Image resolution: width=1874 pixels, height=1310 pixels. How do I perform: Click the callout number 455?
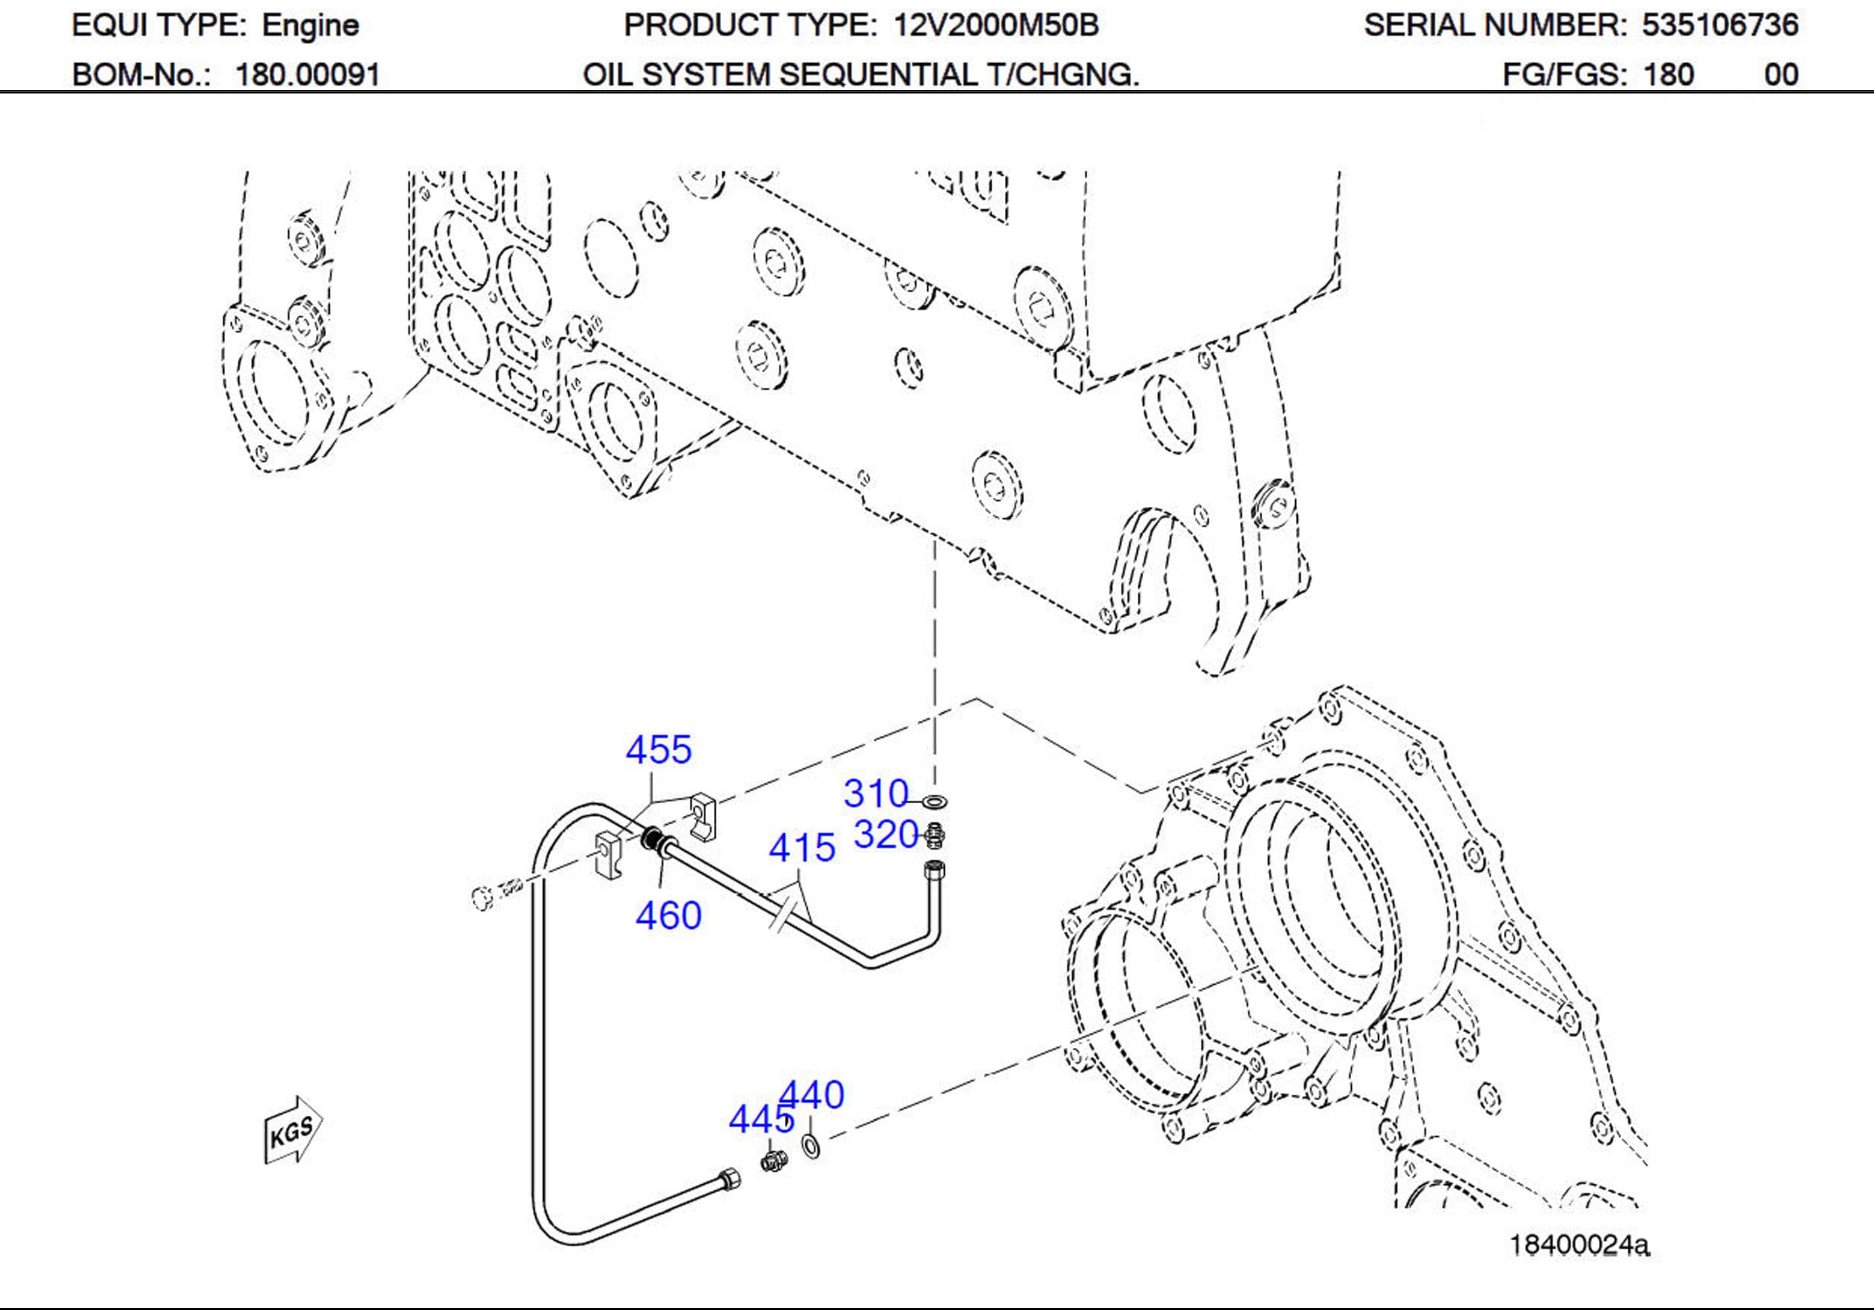click(x=658, y=749)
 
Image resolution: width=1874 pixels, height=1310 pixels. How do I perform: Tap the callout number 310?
click(x=876, y=793)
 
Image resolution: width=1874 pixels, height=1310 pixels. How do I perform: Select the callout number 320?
click(x=886, y=835)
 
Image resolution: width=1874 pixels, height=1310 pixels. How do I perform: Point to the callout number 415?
click(x=801, y=848)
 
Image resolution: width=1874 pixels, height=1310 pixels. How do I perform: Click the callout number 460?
click(x=668, y=916)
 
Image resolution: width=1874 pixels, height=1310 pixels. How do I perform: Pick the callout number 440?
click(x=812, y=1095)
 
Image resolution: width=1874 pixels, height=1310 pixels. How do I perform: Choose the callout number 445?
click(x=761, y=1119)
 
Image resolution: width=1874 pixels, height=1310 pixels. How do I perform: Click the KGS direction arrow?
click(x=293, y=1130)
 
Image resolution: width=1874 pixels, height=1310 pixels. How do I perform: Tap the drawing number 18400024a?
click(x=1578, y=1245)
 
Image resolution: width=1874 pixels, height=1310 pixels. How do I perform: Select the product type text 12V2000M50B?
click(x=996, y=25)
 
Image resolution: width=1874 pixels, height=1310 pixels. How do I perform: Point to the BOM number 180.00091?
click(x=308, y=75)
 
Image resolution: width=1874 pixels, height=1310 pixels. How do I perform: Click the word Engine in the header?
click(x=310, y=25)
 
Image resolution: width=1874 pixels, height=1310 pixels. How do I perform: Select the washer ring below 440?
click(x=812, y=1146)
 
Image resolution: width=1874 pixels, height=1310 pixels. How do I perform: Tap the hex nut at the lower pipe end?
click(x=728, y=1181)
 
